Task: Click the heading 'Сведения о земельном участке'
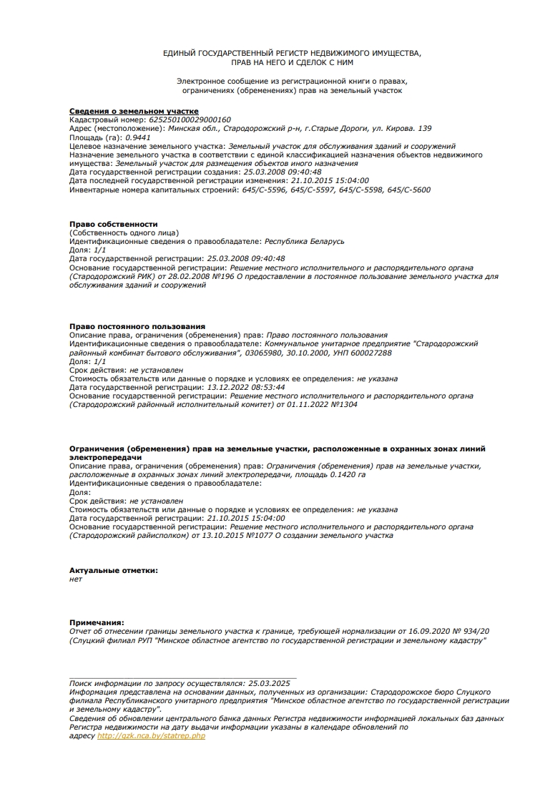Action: (x=134, y=112)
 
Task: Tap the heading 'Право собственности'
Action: (x=114, y=225)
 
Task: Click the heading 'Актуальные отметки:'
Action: (x=114, y=570)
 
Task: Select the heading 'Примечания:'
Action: (x=97, y=623)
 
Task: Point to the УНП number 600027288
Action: (x=367, y=353)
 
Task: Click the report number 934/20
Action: (x=471, y=632)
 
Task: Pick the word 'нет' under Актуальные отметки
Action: (x=76, y=579)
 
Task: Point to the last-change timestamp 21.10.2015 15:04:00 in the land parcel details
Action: (x=330, y=181)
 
